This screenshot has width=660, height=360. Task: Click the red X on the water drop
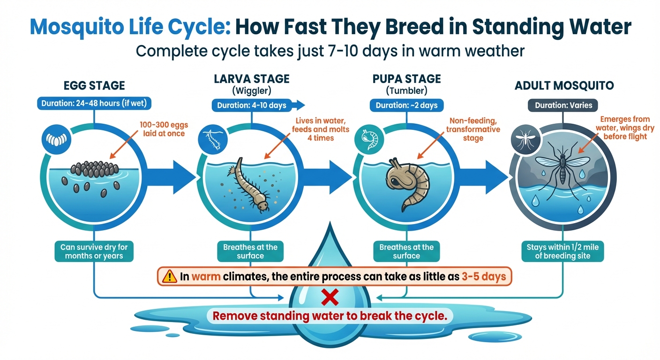pos(330,296)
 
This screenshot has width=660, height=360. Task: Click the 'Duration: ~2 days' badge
pos(406,105)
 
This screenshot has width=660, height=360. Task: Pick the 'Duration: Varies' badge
pos(563,105)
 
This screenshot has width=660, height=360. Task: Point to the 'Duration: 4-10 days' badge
pos(252,105)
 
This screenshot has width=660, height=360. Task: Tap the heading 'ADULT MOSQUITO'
pos(564,86)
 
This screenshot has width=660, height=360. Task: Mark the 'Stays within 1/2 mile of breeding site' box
pos(562,251)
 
